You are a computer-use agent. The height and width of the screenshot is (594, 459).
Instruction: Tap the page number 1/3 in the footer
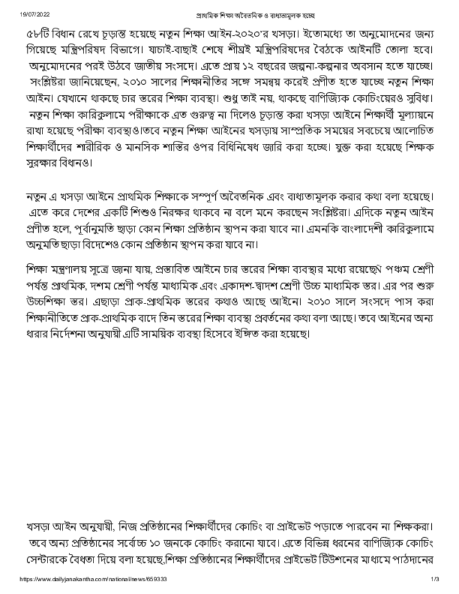[x=435, y=579]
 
